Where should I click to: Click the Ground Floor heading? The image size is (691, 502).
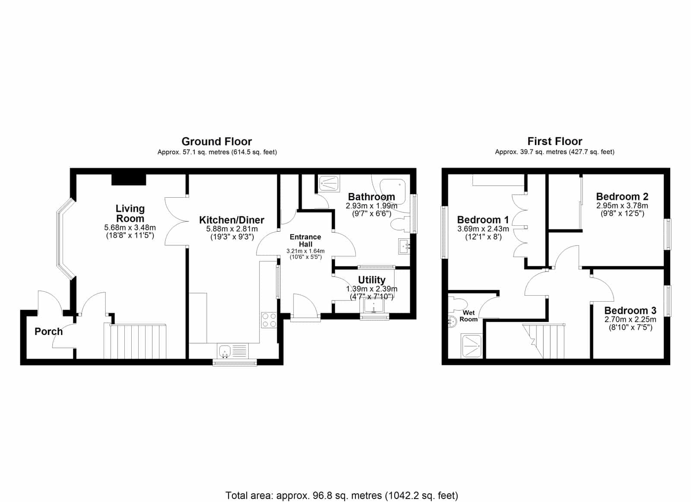[x=216, y=142]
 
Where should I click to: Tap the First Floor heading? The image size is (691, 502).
[x=555, y=141]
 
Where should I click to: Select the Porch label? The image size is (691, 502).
[x=48, y=332]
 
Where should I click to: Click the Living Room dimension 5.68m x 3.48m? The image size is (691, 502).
[x=130, y=227]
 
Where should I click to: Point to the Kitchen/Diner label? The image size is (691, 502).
[x=231, y=220]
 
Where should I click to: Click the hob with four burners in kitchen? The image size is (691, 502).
[x=269, y=320]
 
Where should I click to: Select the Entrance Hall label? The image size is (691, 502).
[x=305, y=240]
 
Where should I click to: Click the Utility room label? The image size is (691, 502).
[x=372, y=280]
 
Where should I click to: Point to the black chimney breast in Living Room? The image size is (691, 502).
[x=129, y=180]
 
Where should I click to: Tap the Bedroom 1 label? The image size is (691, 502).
[x=483, y=220]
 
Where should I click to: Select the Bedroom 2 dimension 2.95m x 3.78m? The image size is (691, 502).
[x=622, y=205]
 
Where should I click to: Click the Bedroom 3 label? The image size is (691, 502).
[x=630, y=310]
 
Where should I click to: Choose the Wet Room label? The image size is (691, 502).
[x=469, y=316]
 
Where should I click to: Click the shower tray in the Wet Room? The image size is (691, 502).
[x=471, y=346]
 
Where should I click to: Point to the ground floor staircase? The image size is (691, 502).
[x=135, y=341]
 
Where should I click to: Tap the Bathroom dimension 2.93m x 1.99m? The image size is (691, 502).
[x=371, y=205]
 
